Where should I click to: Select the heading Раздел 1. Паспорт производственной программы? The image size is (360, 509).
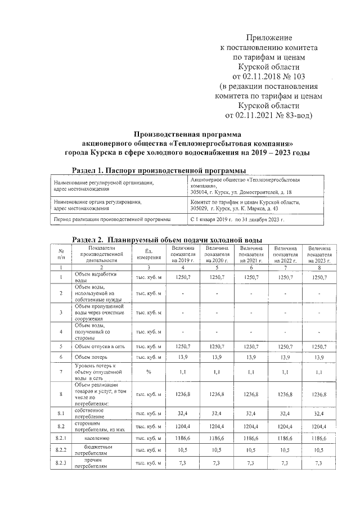pyautogui.click(x=159, y=170)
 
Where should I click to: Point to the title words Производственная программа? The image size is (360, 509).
pyautogui.click(x=187, y=134)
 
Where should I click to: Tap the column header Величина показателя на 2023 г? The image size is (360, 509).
pyautogui.click(x=318, y=254)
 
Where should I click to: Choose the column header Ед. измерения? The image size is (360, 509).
pyautogui.click(x=148, y=254)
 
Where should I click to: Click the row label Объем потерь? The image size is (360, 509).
pyautogui.click(x=91, y=357)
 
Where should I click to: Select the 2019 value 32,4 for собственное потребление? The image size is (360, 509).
pyautogui.click(x=183, y=414)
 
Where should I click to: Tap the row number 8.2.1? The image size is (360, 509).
pyautogui.click(x=61, y=437)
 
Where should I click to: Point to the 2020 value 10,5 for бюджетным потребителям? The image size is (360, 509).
pyautogui.click(x=217, y=449)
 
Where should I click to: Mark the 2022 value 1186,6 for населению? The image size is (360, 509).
pyautogui.click(x=285, y=437)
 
